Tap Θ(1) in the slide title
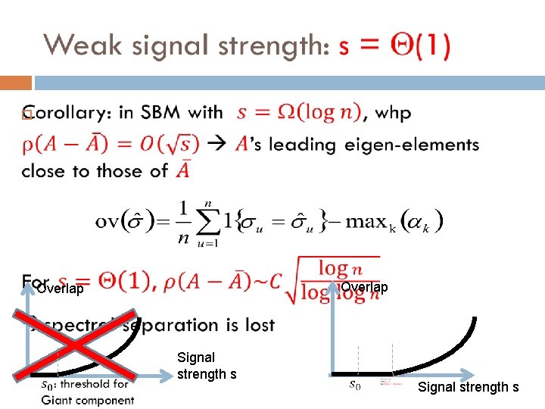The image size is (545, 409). click(412, 47)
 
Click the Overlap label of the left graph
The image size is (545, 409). click(60, 289)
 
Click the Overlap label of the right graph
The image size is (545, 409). click(364, 287)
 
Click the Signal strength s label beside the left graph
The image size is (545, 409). click(207, 365)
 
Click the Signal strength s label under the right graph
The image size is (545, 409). click(469, 387)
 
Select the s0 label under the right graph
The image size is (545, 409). click(354, 385)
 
